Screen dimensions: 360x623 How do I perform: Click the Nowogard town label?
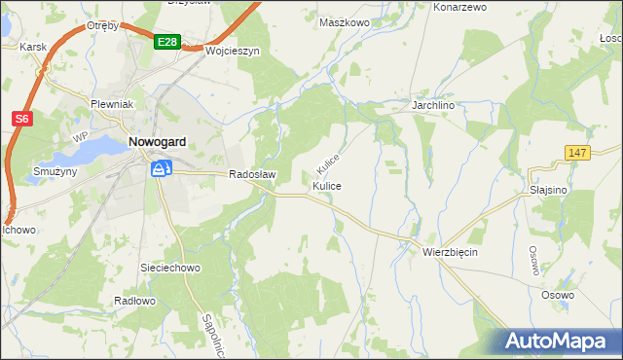[158, 142]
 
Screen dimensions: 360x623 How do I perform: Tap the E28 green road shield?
[166, 41]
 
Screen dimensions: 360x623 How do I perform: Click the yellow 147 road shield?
[578, 152]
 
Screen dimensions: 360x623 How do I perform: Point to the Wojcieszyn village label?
[234, 52]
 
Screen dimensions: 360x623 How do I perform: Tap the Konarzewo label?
[458, 7]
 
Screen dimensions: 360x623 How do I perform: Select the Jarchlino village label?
[435, 103]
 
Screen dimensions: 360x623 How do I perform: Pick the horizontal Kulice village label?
[327, 185]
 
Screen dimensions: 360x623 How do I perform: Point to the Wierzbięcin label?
[451, 251]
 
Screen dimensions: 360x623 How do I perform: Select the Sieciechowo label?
[170, 266]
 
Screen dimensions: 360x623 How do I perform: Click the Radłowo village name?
[135, 301]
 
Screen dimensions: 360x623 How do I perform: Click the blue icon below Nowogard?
[161, 169]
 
